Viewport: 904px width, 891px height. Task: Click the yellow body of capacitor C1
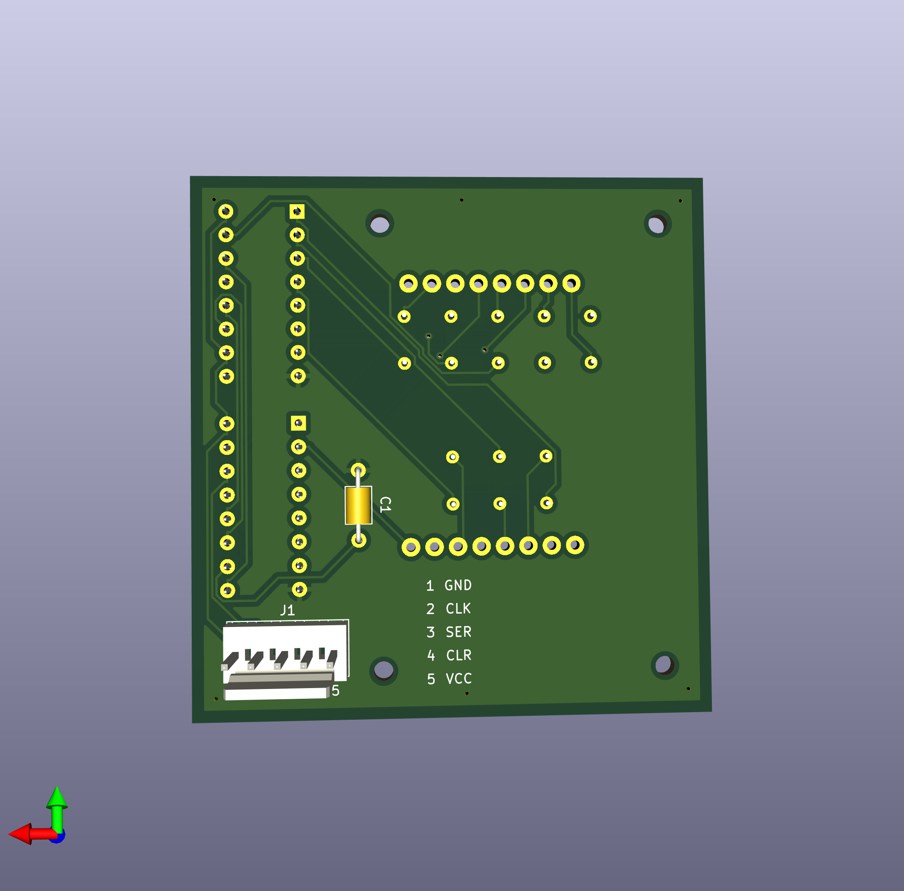(358, 505)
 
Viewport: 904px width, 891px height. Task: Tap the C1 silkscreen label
(385, 504)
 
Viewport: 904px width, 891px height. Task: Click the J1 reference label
(287, 610)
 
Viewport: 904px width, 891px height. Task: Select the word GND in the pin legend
(458, 585)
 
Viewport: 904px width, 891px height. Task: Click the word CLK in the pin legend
(458, 608)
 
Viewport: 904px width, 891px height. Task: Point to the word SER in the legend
(458, 632)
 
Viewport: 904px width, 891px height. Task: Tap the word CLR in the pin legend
(459, 655)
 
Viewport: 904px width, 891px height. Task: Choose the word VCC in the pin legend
(459, 679)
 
